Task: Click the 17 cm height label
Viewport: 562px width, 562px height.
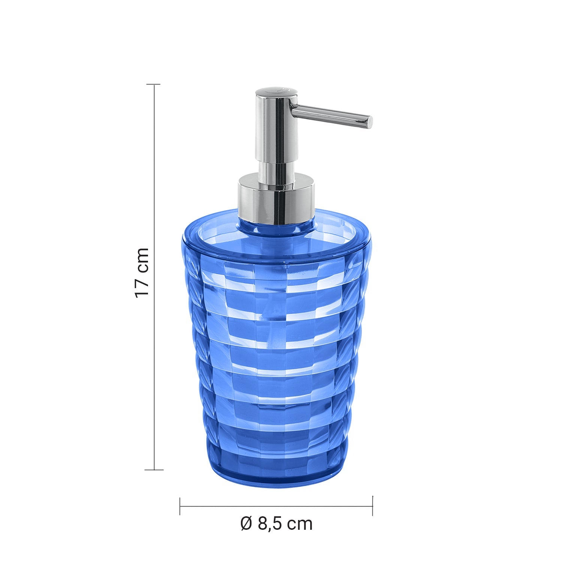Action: point(142,273)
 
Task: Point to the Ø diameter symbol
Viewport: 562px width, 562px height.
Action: point(246,523)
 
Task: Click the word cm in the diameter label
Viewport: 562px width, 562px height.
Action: point(300,523)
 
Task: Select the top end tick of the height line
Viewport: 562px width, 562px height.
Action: point(153,85)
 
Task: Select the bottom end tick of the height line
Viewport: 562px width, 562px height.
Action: point(154,469)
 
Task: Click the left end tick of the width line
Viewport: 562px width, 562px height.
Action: point(180,506)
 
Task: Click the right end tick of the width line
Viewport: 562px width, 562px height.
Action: point(372,506)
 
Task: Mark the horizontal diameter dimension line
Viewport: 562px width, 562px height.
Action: point(276,506)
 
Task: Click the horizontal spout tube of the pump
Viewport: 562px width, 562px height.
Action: point(330,115)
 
